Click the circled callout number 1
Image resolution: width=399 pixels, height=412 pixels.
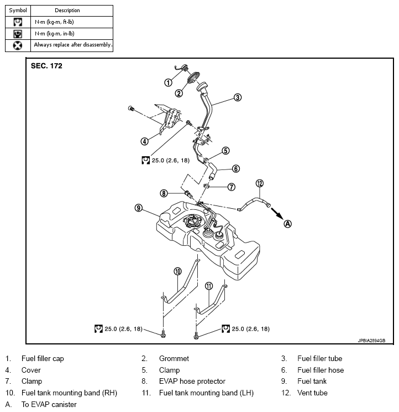pyautogui.click(x=167, y=83)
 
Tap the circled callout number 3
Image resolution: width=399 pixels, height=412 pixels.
pyautogui.click(x=237, y=97)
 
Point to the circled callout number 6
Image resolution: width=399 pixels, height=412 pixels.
pyautogui.click(x=235, y=168)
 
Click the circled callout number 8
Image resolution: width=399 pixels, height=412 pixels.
pyautogui.click(x=164, y=193)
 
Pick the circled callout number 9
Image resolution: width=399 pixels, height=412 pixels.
pyautogui.click(x=139, y=208)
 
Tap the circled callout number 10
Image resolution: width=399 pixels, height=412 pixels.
pyautogui.click(x=177, y=271)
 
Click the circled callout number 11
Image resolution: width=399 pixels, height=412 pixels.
pyautogui.click(x=209, y=286)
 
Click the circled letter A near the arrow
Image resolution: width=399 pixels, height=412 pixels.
pyautogui.click(x=287, y=224)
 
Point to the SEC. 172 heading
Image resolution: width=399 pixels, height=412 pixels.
pyautogui.click(x=46, y=66)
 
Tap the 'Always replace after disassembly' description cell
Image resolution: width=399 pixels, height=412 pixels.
pyautogui.click(x=73, y=45)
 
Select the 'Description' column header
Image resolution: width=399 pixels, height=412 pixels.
pyautogui.click(x=67, y=10)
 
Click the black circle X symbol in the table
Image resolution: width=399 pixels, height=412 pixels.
pyautogui.click(x=18, y=45)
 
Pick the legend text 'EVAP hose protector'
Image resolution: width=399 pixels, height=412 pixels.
pyautogui.click(x=192, y=382)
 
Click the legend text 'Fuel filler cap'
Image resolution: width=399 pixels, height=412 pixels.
pyautogui.click(x=43, y=359)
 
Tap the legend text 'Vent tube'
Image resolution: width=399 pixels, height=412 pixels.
pyautogui.click(x=312, y=393)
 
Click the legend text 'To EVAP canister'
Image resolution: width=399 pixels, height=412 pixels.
pyautogui.click(x=49, y=405)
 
